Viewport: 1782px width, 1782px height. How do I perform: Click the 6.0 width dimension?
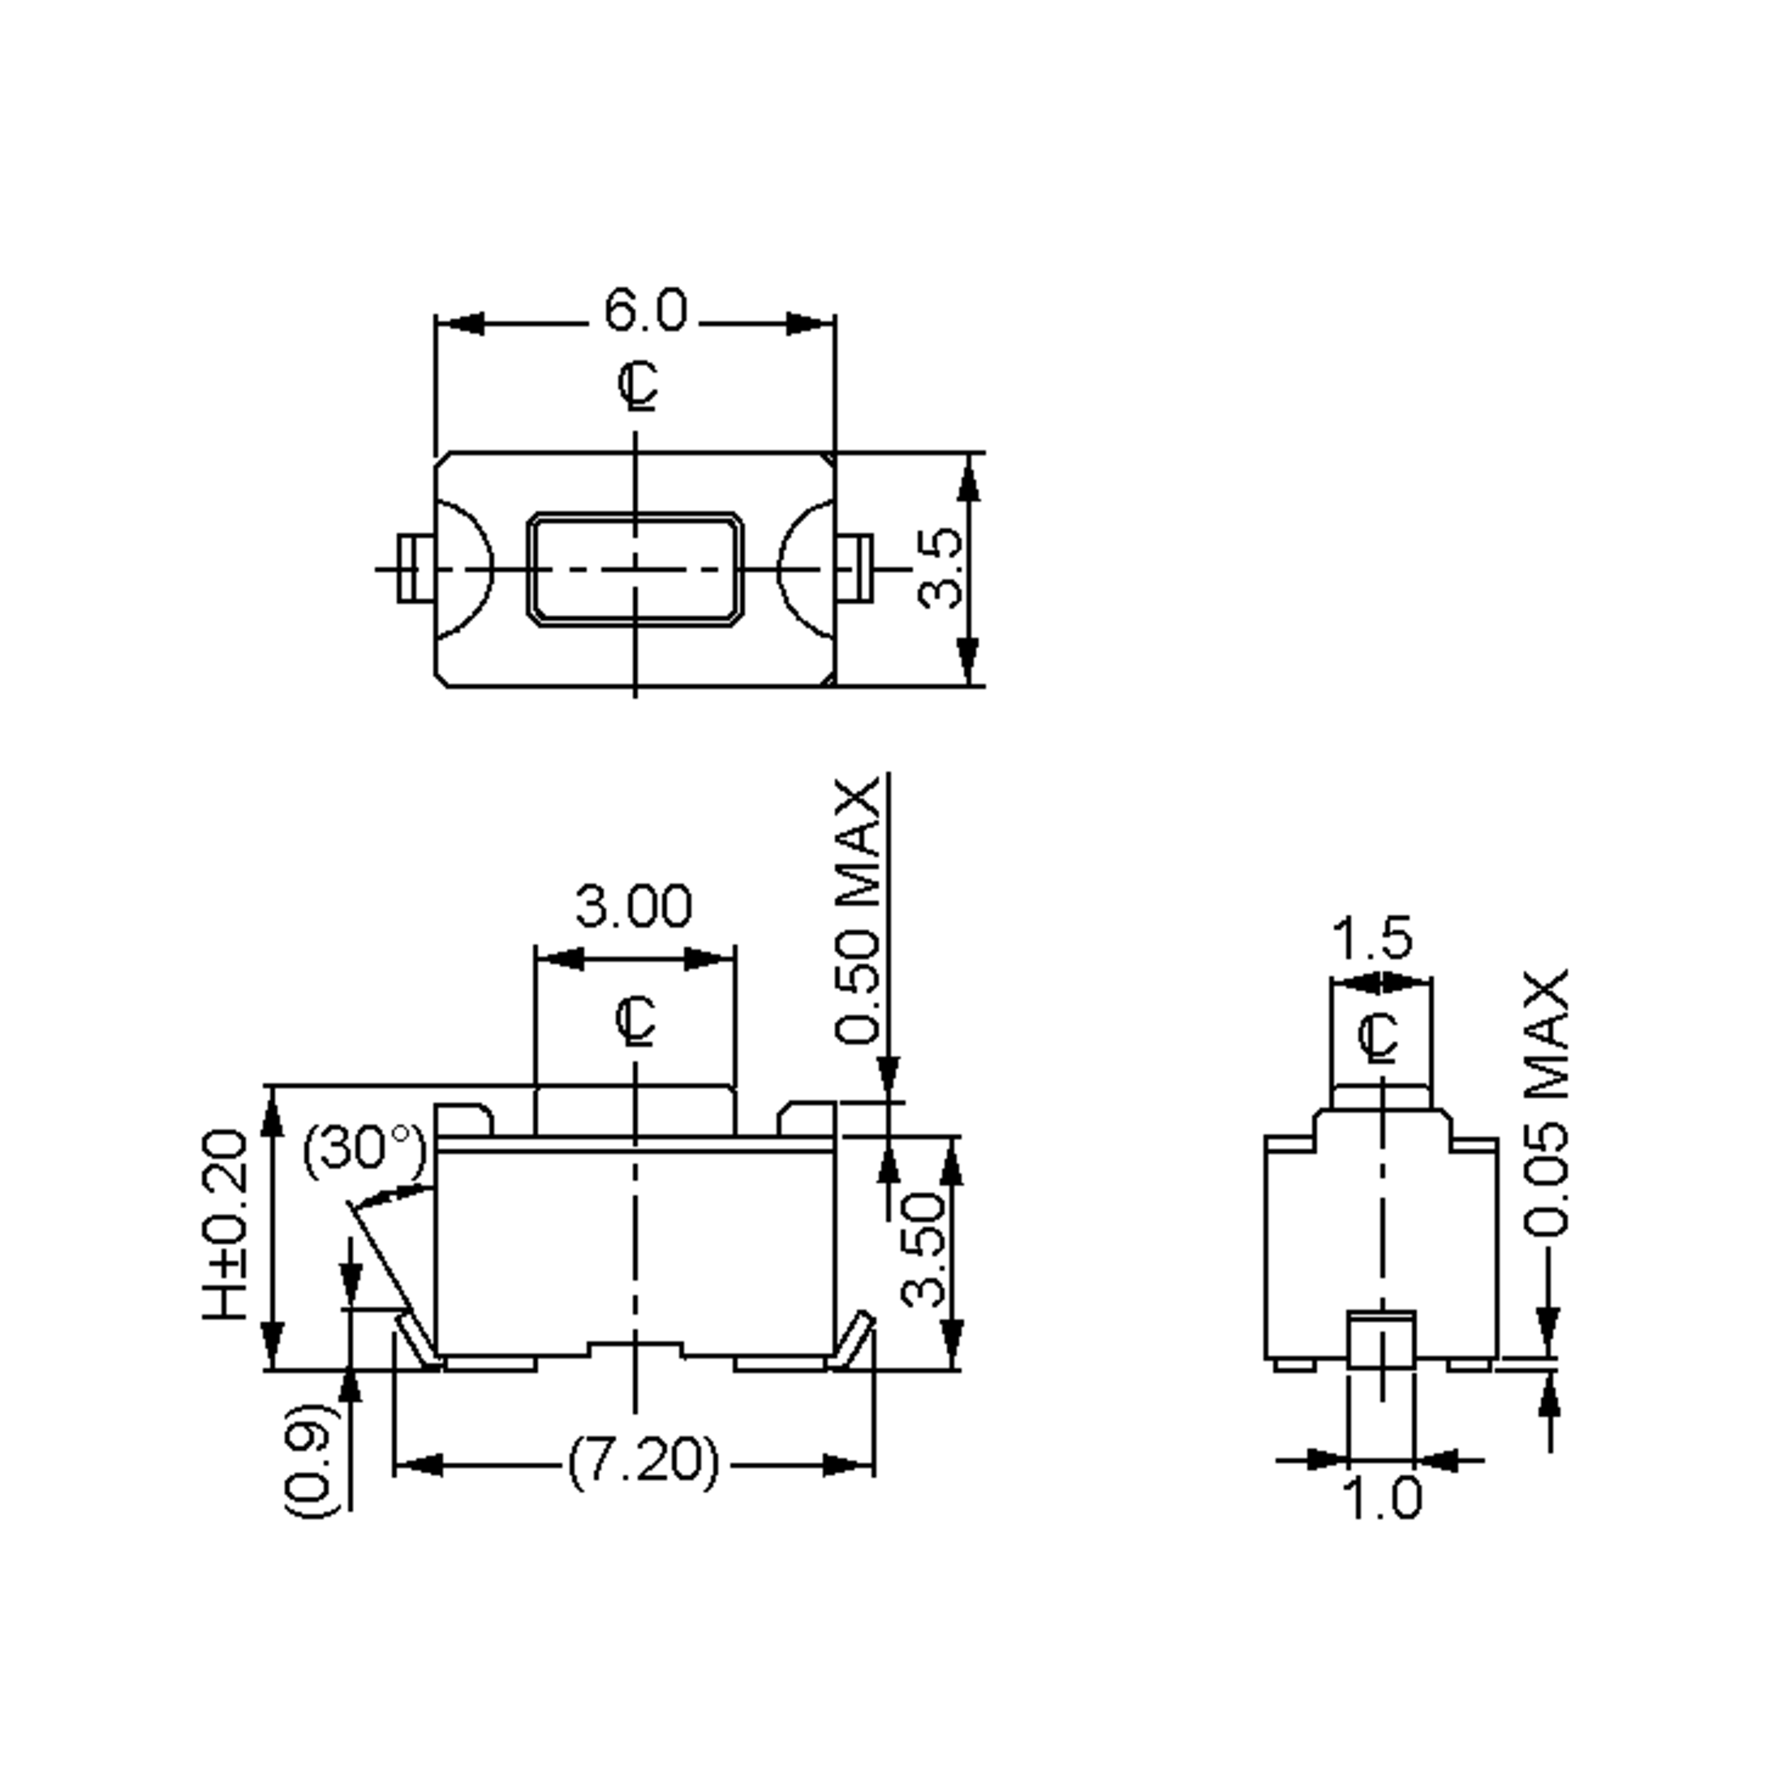644,311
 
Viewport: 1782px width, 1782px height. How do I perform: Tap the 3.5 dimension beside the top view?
941,567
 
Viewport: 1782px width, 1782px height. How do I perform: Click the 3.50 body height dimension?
923,1250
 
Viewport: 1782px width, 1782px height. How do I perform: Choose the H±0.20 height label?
226,1226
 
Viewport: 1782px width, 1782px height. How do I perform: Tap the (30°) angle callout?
365,1150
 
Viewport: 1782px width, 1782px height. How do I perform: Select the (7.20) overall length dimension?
642,1462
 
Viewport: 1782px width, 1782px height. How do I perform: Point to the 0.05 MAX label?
1545,1103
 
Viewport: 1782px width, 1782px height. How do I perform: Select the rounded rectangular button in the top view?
635,569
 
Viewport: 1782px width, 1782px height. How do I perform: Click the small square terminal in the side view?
1381,1340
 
